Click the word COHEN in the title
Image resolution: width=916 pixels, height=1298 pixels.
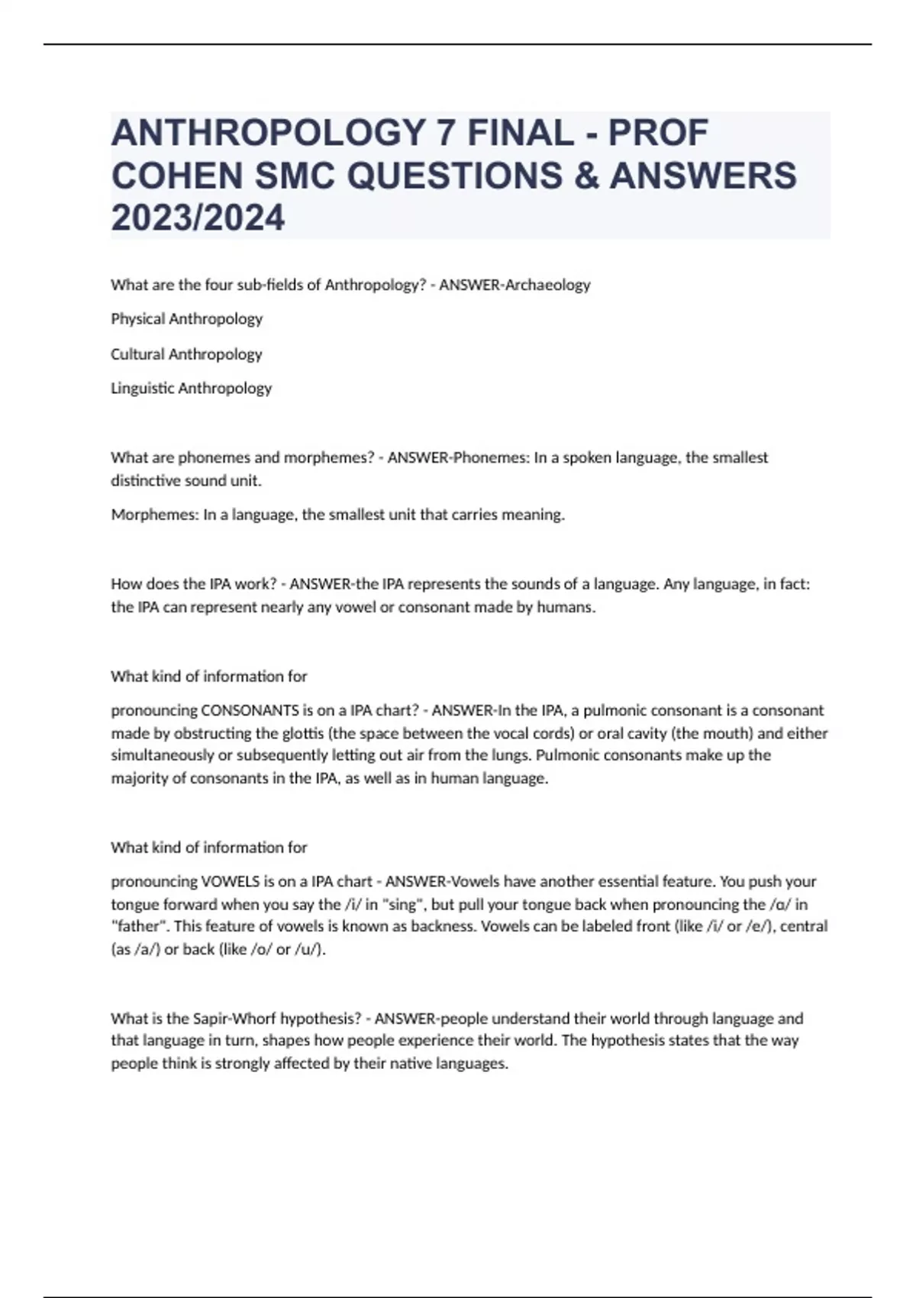click(x=176, y=176)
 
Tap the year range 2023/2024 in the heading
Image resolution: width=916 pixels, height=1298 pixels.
click(x=198, y=218)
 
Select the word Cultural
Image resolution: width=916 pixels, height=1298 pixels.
click(x=137, y=354)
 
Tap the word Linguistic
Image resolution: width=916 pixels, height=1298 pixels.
click(x=142, y=389)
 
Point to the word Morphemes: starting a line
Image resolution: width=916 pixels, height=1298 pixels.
click(x=155, y=515)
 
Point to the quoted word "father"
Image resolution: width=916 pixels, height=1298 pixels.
click(x=135, y=927)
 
